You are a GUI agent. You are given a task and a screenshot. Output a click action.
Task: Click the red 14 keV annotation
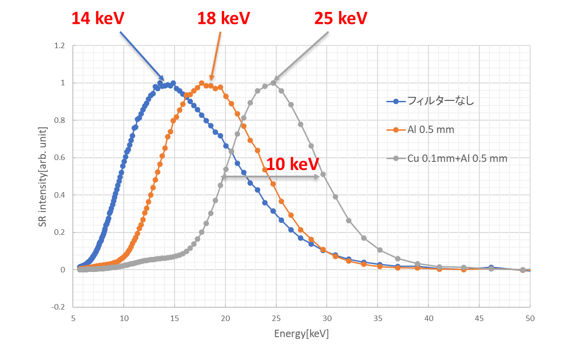[98, 18]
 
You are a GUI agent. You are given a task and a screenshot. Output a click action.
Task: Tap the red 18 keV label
[223, 18]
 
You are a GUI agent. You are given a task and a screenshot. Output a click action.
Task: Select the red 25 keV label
[340, 18]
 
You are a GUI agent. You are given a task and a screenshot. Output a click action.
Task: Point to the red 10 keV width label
[292, 164]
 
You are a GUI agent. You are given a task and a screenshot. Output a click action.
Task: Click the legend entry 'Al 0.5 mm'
[431, 130]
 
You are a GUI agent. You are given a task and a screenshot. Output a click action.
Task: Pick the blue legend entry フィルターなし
[440, 101]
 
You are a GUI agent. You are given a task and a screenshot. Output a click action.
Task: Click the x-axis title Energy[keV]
[301, 334]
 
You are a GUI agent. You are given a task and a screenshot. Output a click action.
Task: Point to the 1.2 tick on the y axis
[60, 45]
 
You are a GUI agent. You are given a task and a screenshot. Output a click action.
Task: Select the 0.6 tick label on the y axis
[60, 157]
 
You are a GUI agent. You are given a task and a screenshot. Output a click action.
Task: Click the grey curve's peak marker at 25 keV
[273, 83]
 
